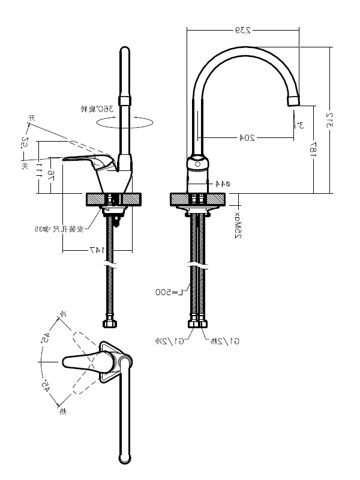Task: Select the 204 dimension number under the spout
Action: click(x=247, y=137)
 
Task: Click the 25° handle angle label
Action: click(x=25, y=143)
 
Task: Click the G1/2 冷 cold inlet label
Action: click(x=167, y=341)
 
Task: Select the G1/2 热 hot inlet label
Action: click(x=226, y=341)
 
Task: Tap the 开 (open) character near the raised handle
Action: click(x=34, y=118)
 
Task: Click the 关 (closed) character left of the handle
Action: click(x=25, y=165)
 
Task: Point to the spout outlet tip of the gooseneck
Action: click(x=292, y=100)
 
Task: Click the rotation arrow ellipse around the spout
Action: click(x=125, y=122)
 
